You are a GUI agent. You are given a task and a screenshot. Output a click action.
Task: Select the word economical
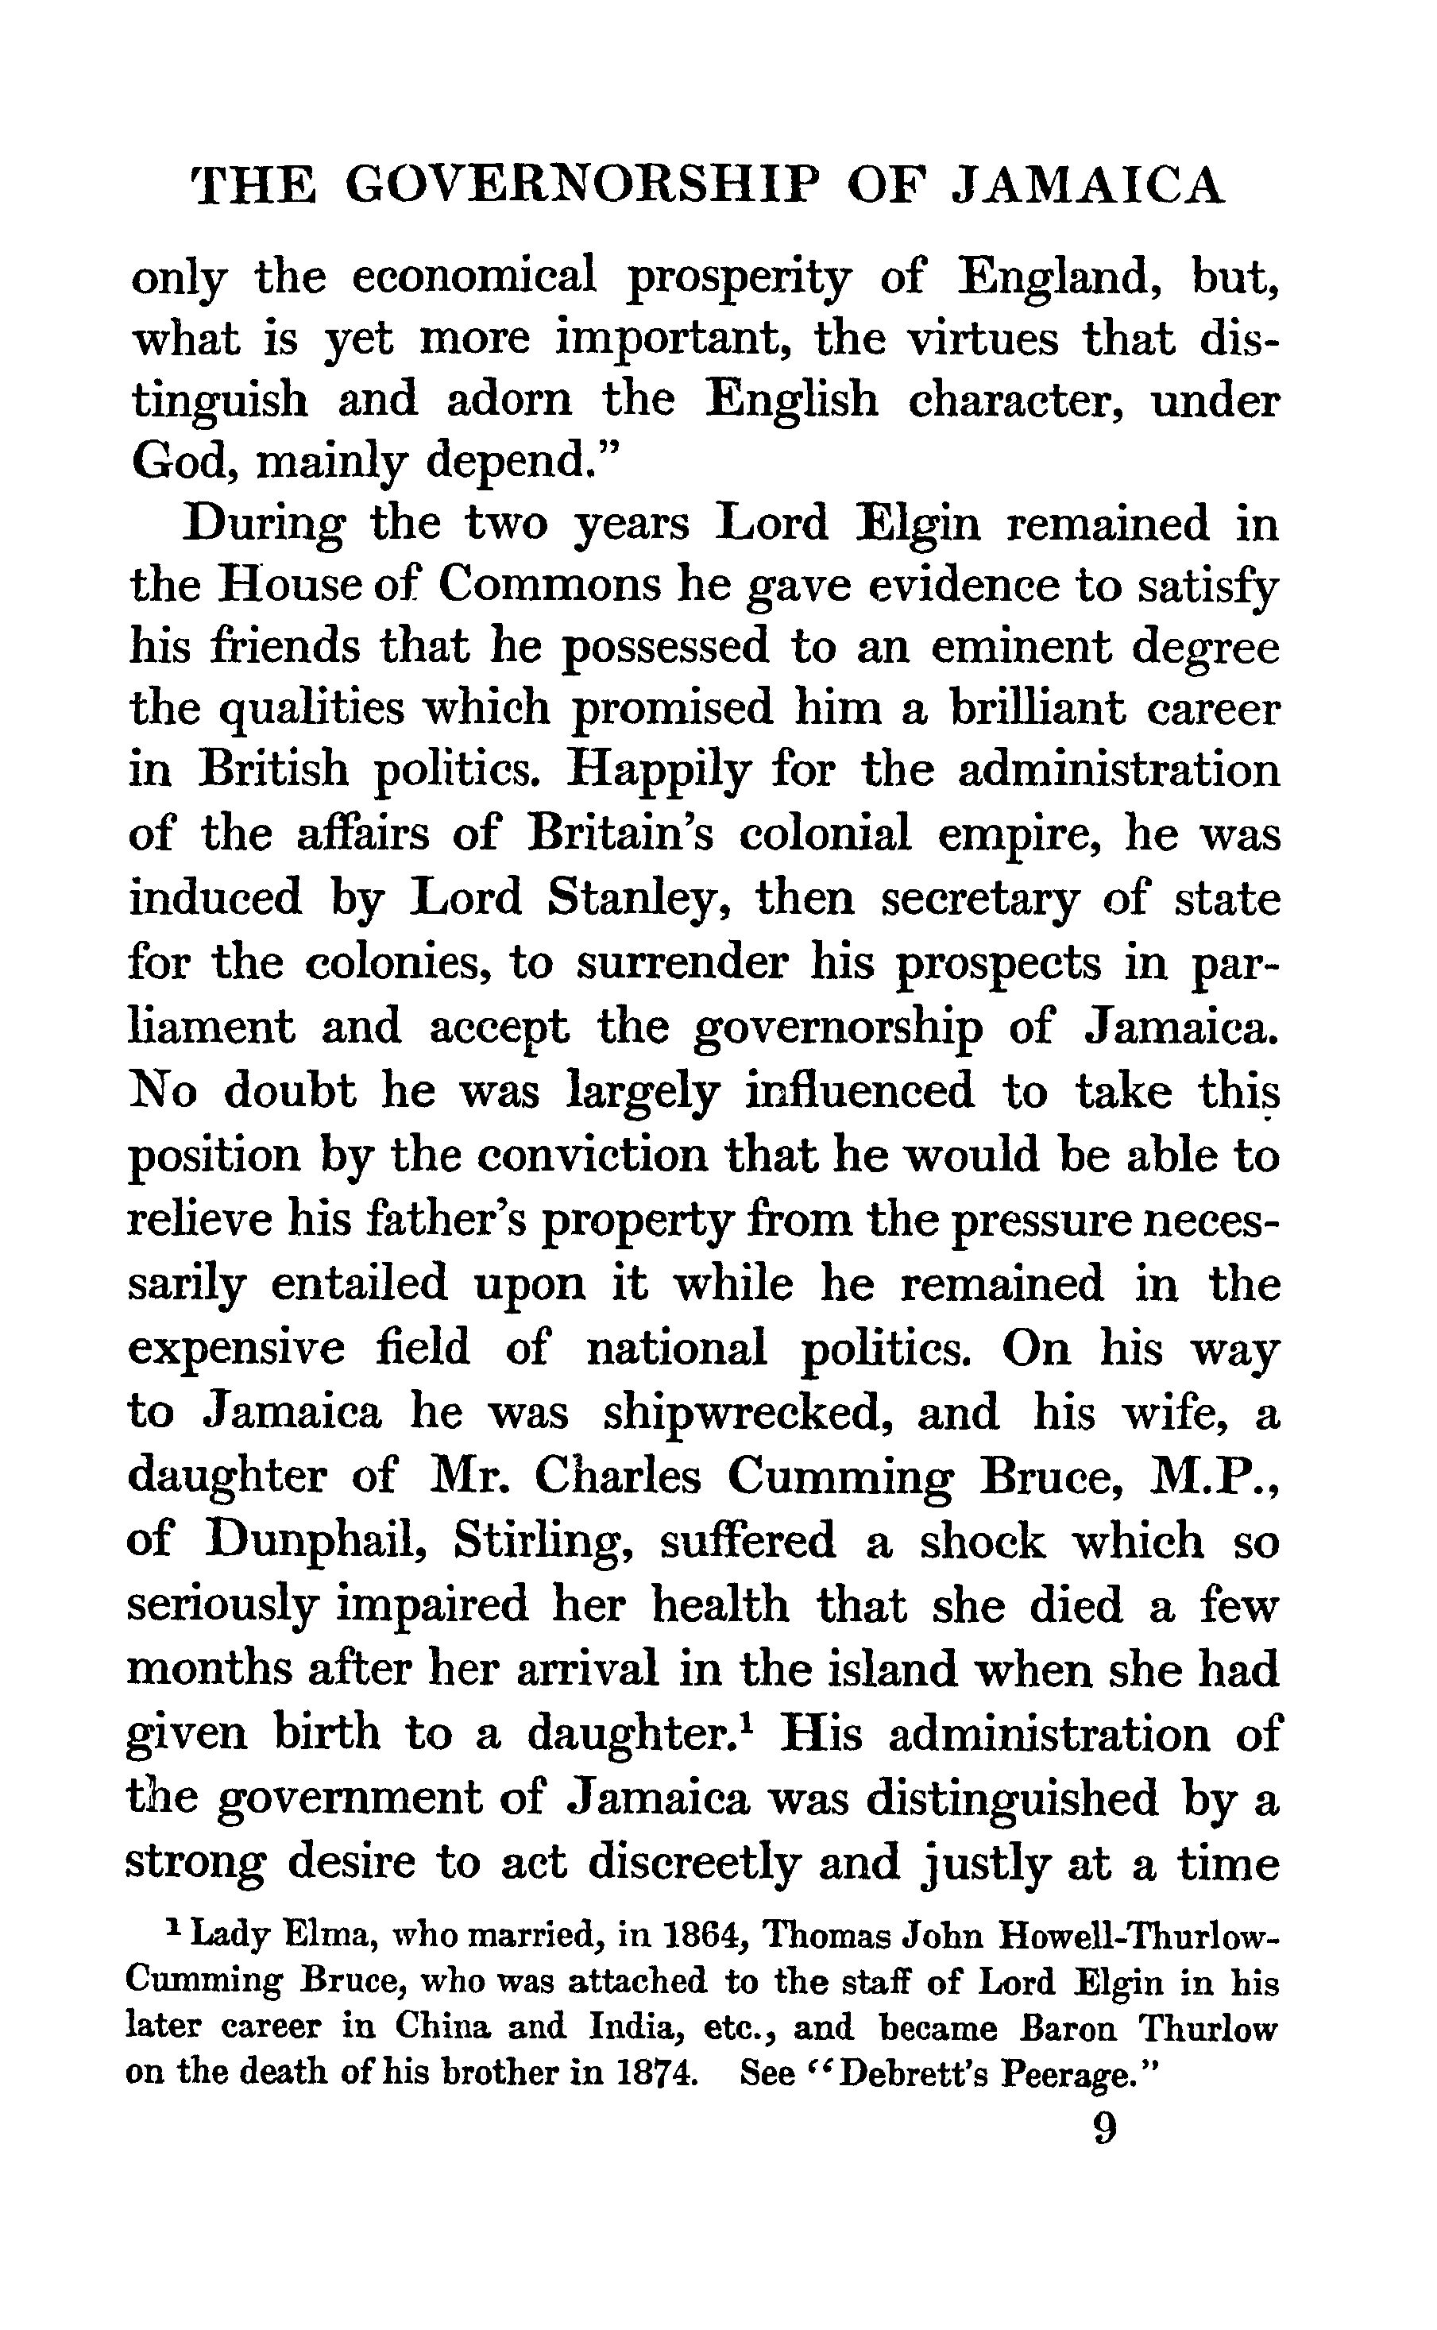pyautogui.click(x=474, y=277)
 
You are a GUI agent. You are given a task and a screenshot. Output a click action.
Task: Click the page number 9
pyautogui.click(x=1104, y=2130)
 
